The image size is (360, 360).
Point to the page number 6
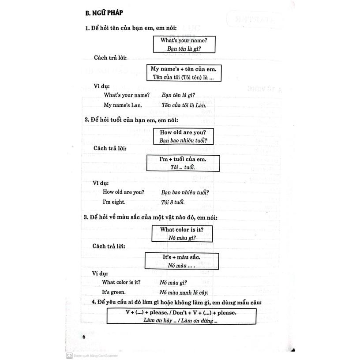(84, 337)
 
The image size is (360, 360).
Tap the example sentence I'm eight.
(114, 202)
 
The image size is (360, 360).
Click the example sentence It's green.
(114, 292)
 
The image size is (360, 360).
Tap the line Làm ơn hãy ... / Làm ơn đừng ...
(181, 321)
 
